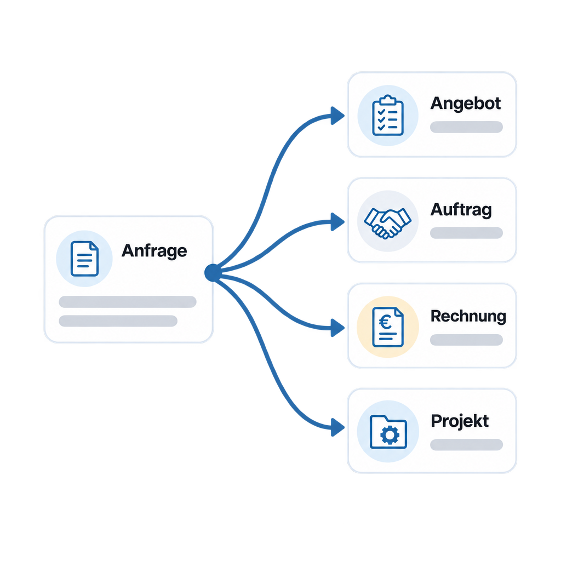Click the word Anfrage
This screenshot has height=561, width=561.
coord(154,251)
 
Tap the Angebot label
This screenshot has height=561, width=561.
coord(466,104)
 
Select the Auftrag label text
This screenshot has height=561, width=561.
coord(461,210)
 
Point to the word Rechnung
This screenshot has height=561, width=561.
coord(468,316)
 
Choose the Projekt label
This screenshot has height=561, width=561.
coord(460,421)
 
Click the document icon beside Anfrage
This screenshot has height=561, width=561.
coord(84,259)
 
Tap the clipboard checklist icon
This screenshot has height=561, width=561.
coord(388,115)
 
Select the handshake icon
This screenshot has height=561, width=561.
coord(388,222)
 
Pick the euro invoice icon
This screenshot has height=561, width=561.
coord(388,327)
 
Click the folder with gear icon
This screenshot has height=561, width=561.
coord(388,432)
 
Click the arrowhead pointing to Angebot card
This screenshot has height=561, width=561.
coord(337,116)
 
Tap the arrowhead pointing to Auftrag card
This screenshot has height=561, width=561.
coord(337,222)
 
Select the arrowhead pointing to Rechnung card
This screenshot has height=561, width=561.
coord(337,328)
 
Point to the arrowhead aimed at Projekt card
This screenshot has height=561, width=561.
coord(337,427)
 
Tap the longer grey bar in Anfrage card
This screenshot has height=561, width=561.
coord(128,302)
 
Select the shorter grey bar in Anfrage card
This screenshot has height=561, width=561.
coord(118,321)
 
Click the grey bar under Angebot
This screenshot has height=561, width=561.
coord(467,127)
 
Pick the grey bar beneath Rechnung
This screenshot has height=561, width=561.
coord(467,340)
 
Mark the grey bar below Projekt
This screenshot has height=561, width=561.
coord(467,445)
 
